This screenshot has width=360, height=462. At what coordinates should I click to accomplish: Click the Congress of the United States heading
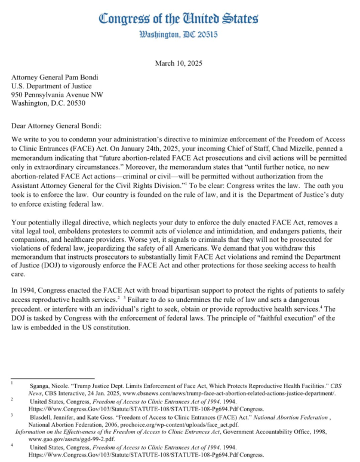[x=179, y=19]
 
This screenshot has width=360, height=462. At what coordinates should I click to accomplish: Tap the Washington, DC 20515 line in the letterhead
[x=179, y=36]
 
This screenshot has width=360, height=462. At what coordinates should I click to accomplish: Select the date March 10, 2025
[x=179, y=63]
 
